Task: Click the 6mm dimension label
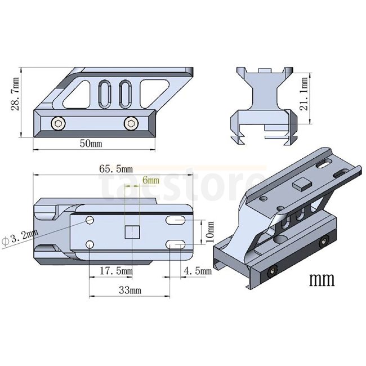tap(151, 180)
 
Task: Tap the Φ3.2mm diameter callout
tap(20, 236)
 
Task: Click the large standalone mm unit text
tap(322, 279)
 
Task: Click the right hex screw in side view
tap(131, 123)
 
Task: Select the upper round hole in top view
tap(91, 220)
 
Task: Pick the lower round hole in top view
tap(91, 244)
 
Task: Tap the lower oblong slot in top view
tap(177, 244)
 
